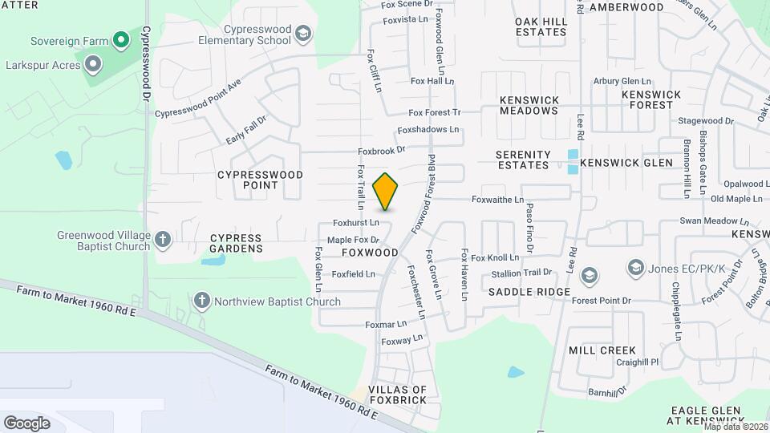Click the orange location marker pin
click(x=386, y=192)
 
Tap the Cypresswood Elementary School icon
click(x=302, y=34)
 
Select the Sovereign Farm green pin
click(x=120, y=38)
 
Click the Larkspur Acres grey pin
click(x=93, y=63)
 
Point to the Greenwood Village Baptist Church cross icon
click(x=163, y=239)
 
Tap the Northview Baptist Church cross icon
click(x=201, y=301)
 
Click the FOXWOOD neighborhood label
click(x=370, y=253)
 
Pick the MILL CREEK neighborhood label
click(x=602, y=350)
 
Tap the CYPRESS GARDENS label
click(x=237, y=244)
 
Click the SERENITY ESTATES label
click(x=523, y=160)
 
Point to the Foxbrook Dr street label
click(x=382, y=150)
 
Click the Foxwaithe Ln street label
click(x=497, y=200)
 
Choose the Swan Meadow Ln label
click(x=714, y=221)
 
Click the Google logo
click(x=26, y=423)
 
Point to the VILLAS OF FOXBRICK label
click(x=403, y=395)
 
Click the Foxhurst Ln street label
click(x=356, y=223)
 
